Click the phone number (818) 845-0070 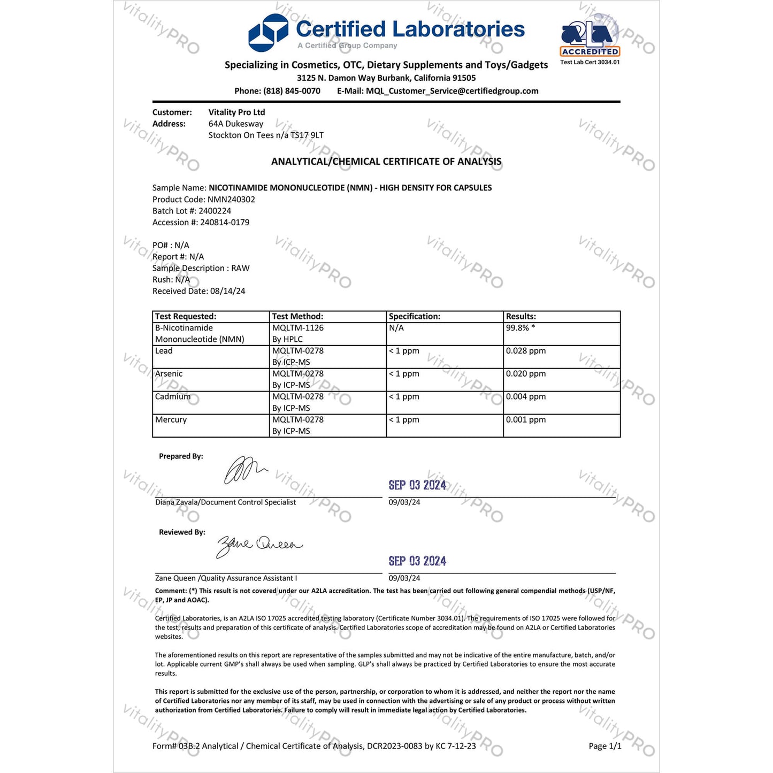(292, 91)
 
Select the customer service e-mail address (452, 91)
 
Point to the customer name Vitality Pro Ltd (236, 112)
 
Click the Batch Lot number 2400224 (215, 211)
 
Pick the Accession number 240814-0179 (225, 223)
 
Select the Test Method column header (297, 316)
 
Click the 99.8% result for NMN (517, 328)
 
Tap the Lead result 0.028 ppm (526, 351)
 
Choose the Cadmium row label (173, 397)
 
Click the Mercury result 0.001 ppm (526, 420)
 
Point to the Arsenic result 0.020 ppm (526, 374)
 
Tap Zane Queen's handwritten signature (258, 545)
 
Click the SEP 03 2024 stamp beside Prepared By (417, 485)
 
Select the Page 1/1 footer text (604, 746)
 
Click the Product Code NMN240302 (231, 200)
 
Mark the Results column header (521, 316)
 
